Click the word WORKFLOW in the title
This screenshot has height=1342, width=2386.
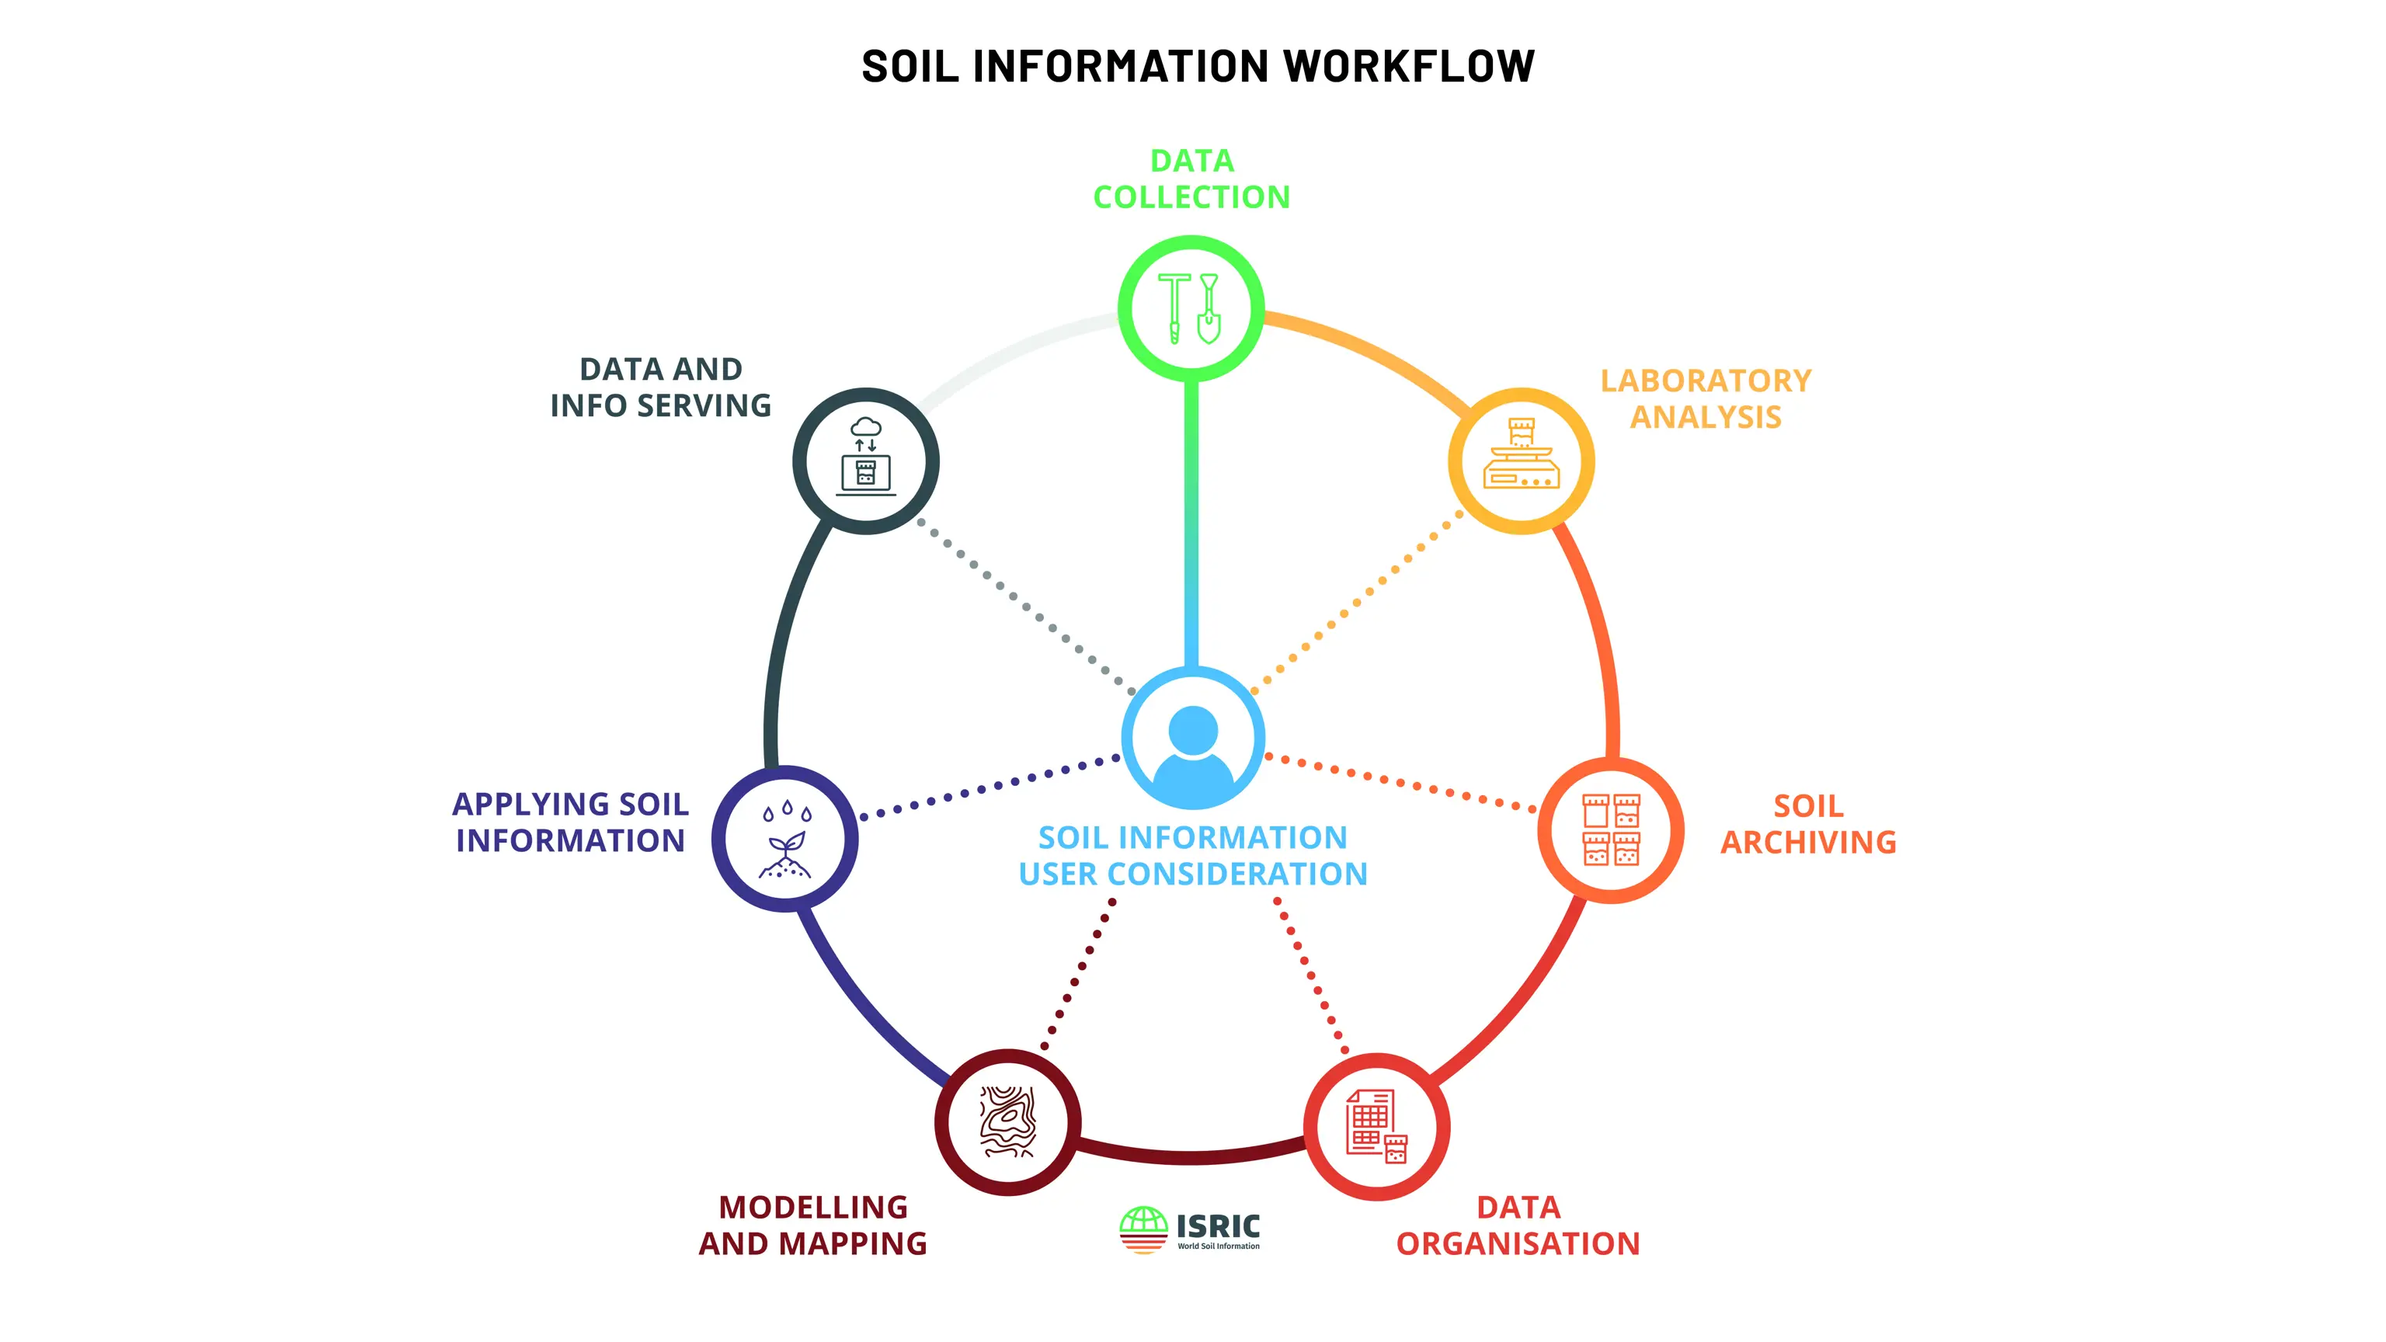tap(1409, 66)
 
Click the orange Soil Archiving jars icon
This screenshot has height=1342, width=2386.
tap(1611, 829)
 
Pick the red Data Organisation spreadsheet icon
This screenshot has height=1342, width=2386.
tap(1376, 1126)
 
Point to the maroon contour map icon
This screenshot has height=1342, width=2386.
tap(1007, 1121)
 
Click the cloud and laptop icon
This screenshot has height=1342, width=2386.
tap(866, 457)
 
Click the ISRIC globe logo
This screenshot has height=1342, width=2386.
tap(1143, 1229)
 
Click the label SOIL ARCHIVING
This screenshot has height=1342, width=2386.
tap(1808, 823)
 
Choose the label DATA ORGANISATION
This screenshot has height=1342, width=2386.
tap(1518, 1225)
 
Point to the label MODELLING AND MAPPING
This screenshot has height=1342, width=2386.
tap(813, 1225)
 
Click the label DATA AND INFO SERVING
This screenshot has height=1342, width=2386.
tap(660, 386)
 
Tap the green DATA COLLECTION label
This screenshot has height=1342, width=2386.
tap(1191, 178)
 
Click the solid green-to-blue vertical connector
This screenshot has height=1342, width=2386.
tap(1191, 523)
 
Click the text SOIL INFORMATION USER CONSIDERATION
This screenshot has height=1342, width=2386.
tap(1193, 855)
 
